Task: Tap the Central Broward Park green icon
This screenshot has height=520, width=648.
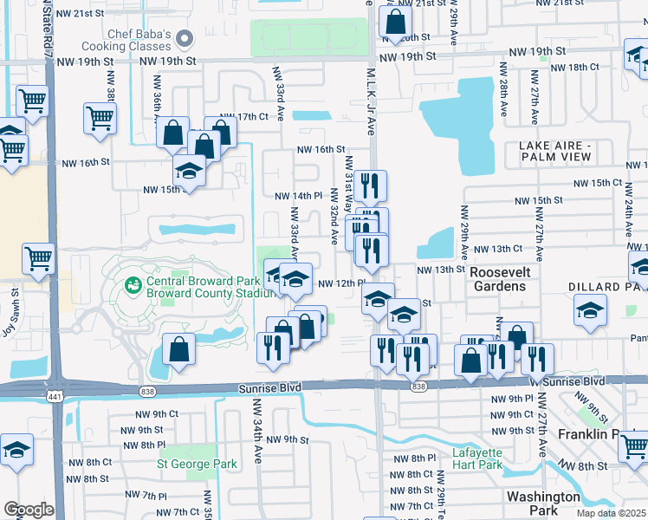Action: coord(133,284)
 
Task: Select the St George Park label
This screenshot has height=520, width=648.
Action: coord(197,464)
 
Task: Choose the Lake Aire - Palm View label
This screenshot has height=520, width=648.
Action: coord(556,151)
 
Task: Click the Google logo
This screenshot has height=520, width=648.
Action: coord(29,510)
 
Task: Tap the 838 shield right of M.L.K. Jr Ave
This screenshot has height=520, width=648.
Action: coord(420,386)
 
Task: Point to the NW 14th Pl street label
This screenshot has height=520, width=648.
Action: coord(298,197)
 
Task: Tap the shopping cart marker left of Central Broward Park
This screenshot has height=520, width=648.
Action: coord(39,259)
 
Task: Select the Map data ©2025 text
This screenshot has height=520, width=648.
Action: coord(612,513)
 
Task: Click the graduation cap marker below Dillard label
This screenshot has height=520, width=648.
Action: coord(590,309)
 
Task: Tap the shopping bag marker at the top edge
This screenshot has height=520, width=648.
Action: coord(395,22)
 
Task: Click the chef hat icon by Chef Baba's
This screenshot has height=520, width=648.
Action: coord(184,38)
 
